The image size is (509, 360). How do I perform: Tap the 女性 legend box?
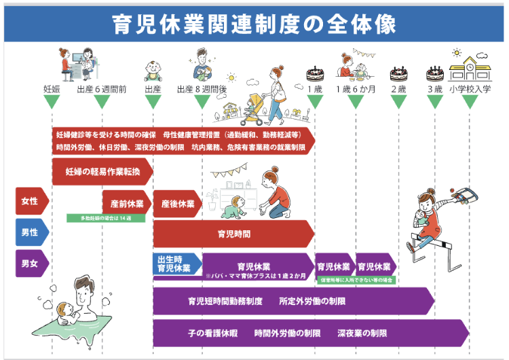coord(31,201)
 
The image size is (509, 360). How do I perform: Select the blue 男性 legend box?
coord(31,232)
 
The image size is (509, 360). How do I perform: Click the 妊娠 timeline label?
coord(52,89)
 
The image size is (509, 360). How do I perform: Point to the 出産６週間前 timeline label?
coord(102,89)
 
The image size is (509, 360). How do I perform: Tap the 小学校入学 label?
coord(469,89)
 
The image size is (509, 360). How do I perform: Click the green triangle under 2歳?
coord(398,102)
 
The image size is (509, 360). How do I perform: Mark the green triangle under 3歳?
coord(435,102)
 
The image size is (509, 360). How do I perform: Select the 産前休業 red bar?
coord(126,204)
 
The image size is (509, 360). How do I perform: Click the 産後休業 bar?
coord(176,204)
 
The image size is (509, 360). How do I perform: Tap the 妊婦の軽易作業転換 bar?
coord(102,172)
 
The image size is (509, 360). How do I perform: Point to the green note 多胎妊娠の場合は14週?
coord(105,218)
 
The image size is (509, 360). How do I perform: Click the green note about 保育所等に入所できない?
coord(357,279)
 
